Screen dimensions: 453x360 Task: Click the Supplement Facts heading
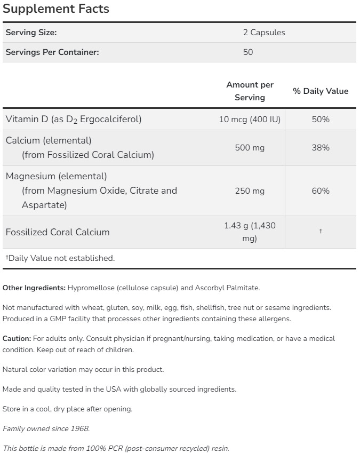pyautogui.click(x=55, y=9)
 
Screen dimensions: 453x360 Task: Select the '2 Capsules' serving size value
pyautogui.click(x=264, y=33)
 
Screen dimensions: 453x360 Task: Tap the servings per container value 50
pyautogui.click(x=247, y=52)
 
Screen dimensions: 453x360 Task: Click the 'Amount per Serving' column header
pyautogui.click(x=250, y=91)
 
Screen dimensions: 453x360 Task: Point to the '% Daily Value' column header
pyautogui.click(x=321, y=91)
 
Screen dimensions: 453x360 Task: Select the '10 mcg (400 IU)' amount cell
pyautogui.click(x=250, y=120)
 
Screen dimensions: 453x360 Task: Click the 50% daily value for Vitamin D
pyautogui.click(x=321, y=120)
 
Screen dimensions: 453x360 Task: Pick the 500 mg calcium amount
pyautogui.click(x=250, y=148)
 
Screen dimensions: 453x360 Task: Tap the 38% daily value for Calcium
pyautogui.click(x=321, y=148)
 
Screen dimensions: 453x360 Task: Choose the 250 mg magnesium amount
pyautogui.click(x=250, y=191)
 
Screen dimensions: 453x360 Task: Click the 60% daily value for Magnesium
pyautogui.click(x=321, y=191)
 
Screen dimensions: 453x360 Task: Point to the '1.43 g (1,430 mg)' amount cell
pyautogui.click(x=250, y=232)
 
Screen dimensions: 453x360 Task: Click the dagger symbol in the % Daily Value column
pyautogui.click(x=321, y=232)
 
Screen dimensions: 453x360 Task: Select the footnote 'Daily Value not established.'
pyautogui.click(x=60, y=258)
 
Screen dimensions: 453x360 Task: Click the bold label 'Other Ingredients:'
pyautogui.click(x=34, y=288)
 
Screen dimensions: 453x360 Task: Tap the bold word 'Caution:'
pyautogui.click(x=17, y=339)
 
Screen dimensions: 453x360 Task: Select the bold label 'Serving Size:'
pyautogui.click(x=31, y=33)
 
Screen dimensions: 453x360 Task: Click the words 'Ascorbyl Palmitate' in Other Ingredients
pyautogui.click(x=226, y=288)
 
